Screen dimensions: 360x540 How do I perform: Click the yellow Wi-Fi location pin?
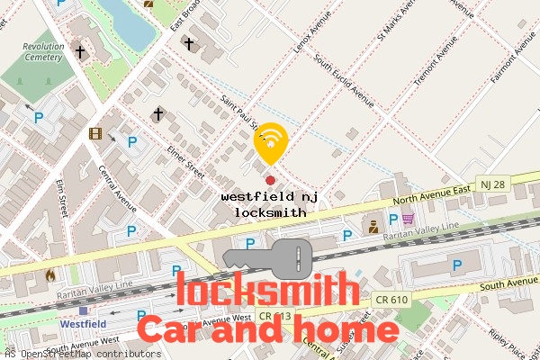(271, 142)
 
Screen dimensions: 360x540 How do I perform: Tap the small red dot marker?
(270, 180)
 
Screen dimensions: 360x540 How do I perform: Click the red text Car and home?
(267, 329)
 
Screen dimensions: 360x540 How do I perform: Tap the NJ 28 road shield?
(490, 183)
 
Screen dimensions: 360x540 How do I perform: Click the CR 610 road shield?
(395, 299)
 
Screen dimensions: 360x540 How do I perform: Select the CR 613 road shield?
(274, 316)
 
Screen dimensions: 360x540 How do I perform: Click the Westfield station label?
(85, 322)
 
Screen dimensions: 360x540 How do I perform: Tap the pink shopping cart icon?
(408, 219)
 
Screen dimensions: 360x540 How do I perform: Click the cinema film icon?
(96, 135)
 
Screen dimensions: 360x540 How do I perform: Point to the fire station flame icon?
(49, 274)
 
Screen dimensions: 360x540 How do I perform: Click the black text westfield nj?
(270, 195)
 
